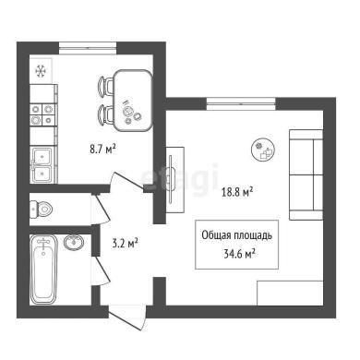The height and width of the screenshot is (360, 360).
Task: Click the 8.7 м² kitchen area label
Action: [102, 150]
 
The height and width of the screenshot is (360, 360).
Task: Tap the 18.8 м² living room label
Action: [237, 193]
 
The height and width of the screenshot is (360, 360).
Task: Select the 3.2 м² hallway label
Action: [125, 244]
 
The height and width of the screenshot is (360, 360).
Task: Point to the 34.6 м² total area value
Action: [240, 254]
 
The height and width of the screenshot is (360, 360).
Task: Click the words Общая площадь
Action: [236, 235]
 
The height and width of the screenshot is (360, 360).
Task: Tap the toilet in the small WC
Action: [42, 210]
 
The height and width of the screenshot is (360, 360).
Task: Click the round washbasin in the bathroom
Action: [74, 242]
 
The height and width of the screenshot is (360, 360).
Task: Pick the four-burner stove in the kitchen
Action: [42, 114]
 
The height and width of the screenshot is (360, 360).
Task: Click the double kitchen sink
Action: [43, 164]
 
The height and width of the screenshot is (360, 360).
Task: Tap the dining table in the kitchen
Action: [133, 101]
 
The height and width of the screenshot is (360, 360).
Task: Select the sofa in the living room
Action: [306, 174]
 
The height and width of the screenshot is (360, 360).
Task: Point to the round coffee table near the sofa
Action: [263, 150]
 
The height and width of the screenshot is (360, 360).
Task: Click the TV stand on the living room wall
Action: [175, 180]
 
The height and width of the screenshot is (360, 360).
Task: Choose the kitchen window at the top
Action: [88, 48]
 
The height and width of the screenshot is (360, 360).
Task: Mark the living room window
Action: [241, 103]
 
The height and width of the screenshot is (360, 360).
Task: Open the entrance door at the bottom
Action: [127, 318]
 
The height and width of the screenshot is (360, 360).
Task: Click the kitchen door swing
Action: [126, 182]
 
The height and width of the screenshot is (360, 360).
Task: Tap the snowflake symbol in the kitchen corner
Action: [41, 71]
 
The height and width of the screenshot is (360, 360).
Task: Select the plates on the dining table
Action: [131, 113]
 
